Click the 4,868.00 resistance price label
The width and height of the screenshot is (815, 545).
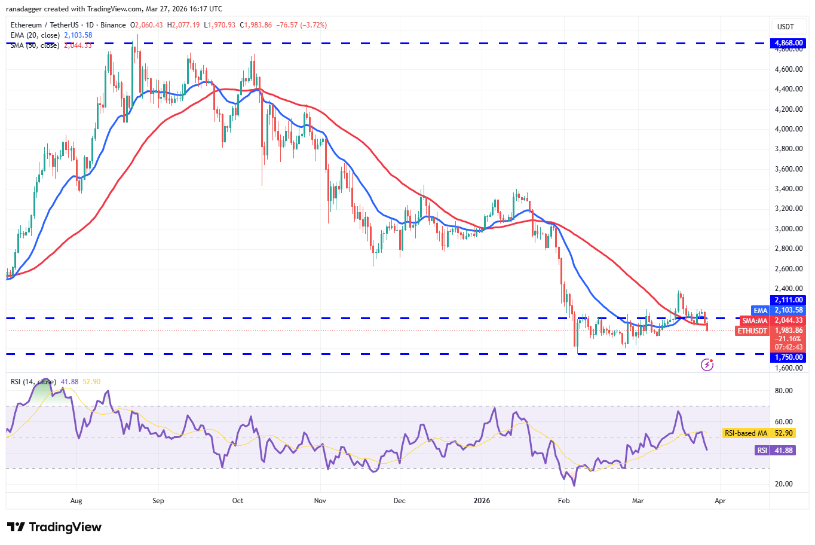click(789, 43)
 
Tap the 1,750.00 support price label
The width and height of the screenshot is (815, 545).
click(789, 357)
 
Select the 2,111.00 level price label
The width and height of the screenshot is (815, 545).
click(789, 300)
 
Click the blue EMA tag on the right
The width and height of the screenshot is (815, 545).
click(760, 311)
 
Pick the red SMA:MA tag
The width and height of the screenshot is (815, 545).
click(755, 321)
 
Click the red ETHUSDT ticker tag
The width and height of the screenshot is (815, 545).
click(752, 331)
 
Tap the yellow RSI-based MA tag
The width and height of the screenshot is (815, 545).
click(745, 433)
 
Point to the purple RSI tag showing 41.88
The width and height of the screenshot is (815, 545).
click(762, 451)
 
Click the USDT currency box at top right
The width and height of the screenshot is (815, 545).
click(785, 26)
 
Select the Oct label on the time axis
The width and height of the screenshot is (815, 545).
click(238, 501)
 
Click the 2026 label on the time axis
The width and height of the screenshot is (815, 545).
click(482, 501)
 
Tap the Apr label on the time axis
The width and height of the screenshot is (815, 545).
click(720, 501)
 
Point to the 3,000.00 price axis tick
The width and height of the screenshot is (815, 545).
click(789, 229)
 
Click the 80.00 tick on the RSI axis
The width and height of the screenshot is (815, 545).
click(784, 391)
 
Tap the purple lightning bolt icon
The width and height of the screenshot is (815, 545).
click(707, 365)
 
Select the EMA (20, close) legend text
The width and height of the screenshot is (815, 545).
click(35, 35)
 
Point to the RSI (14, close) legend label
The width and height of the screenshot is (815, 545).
click(33, 382)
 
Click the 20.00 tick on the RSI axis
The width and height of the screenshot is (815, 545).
click(784, 484)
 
